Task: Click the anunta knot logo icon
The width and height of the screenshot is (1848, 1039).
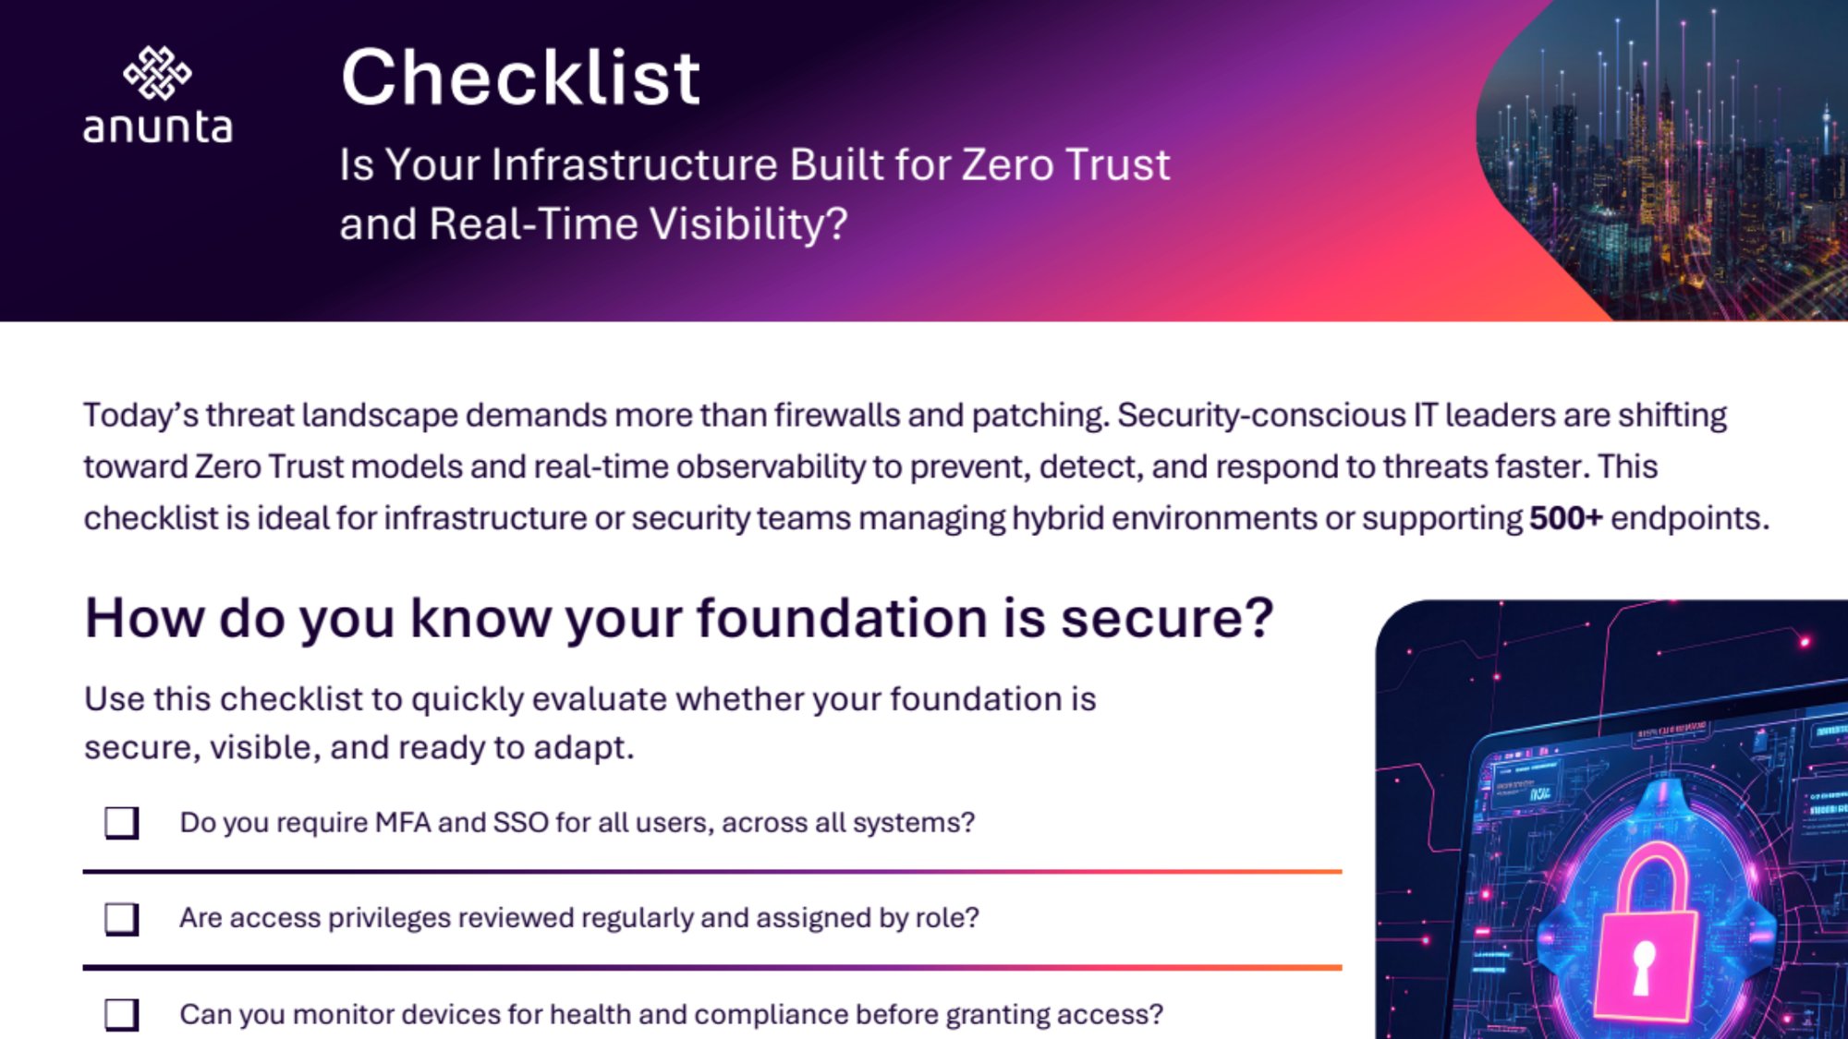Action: click(x=157, y=73)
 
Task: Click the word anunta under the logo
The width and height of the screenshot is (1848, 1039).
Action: click(x=158, y=127)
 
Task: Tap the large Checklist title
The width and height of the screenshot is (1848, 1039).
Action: click(x=520, y=78)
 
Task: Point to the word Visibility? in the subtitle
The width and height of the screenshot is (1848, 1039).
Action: click(x=748, y=224)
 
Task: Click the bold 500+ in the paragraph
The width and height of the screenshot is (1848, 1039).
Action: click(x=1565, y=518)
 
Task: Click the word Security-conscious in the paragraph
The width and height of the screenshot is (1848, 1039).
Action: click(x=1261, y=416)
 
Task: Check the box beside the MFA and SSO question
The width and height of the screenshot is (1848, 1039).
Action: click(x=121, y=822)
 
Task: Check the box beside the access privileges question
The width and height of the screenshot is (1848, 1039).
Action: click(x=121, y=919)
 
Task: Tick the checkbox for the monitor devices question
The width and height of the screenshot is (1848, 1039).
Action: click(x=121, y=1015)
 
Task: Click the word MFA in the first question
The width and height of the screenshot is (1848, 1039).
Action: click(x=403, y=822)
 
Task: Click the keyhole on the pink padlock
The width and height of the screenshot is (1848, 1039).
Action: click(x=1643, y=967)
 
